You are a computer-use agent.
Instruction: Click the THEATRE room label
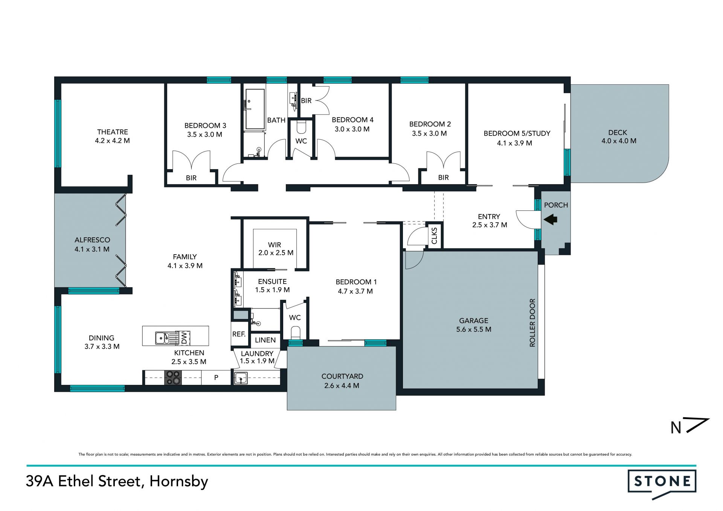pos(113,132)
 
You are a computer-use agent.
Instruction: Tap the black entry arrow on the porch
pos(550,219)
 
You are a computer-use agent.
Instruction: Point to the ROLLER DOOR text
pos(532,323)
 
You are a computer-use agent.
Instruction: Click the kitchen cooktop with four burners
pos(173,378)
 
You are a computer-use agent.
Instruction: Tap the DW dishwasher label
pos(184,338)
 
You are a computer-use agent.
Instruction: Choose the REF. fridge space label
pos(239,334)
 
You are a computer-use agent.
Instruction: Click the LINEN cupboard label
pos(265,340)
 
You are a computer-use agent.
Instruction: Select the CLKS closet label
pos(434,236)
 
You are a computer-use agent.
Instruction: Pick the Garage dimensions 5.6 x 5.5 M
pos(474,329)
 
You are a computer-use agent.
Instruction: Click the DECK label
pos(618,133)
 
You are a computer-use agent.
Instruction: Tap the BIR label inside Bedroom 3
pos(191,178)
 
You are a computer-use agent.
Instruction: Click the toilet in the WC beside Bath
pos(301,127)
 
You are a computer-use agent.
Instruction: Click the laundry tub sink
pos(241,378)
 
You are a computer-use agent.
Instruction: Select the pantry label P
pos(216,377)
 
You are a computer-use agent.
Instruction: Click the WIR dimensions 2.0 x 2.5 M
pos(276,253)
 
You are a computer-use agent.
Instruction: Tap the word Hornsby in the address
pos(178,482)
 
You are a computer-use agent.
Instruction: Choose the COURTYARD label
pos(342,376)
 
